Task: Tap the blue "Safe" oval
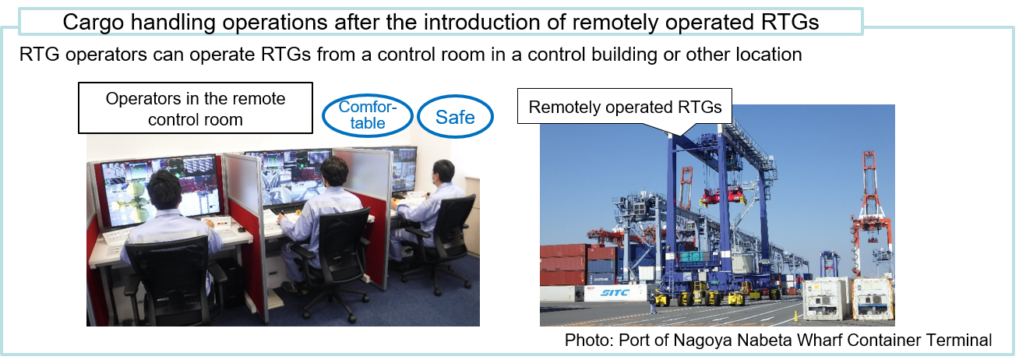tap(455, 117)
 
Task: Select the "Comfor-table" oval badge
tap(368, 115)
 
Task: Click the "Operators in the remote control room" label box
tap(196, 108)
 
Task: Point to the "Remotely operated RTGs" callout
tap(625, 108)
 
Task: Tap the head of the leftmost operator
tap(164, 189)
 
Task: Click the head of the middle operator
tap(334, 171)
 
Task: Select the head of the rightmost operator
tap(443, 171)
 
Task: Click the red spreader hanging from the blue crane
tap(722, 196)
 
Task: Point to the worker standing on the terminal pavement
tap(653, 305)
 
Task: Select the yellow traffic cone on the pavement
tap(795, 316)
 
